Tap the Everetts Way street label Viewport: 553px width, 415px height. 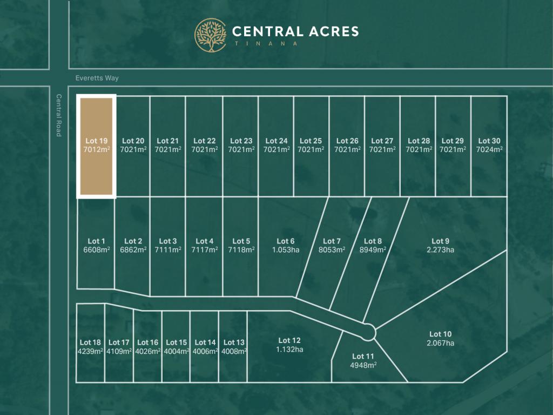(x=97, y=78)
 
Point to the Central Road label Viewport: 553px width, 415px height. (x=58, y=115)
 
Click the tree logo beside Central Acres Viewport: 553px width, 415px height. (x=210, y=36)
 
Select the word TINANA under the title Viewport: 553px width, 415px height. (x=265, y=44)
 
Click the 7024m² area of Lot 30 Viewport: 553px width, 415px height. (x=489, y=149)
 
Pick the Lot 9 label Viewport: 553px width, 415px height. (x=440, y=241)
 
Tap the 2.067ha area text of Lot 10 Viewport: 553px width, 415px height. (x=440, y=343)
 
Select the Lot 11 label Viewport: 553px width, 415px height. (x=363, y=356)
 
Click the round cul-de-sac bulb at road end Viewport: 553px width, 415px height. (x=369, y=331)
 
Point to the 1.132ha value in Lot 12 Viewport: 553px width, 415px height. (x=289, y=349)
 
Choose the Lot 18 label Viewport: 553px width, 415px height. (x=90, y=342)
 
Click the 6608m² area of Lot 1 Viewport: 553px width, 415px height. (x=97, y=250)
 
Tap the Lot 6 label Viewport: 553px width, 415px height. (x=286, y=241)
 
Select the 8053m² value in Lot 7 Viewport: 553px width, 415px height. (x=332, y=250)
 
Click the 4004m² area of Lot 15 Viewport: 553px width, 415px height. (x=176, y=351)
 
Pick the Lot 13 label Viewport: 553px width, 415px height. (x=234, y=342)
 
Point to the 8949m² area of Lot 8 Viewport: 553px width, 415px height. (x=373, y=250)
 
